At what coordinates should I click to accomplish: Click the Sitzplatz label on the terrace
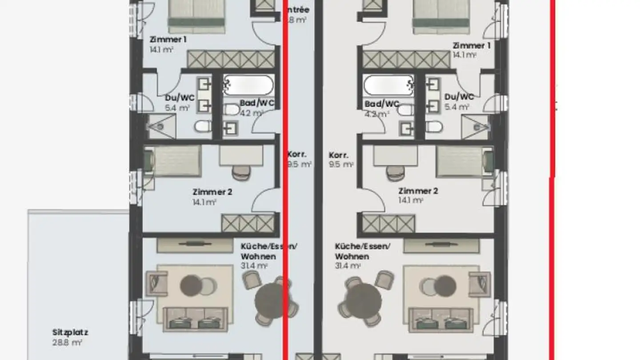(70, 332)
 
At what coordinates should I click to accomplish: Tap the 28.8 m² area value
(67, 343)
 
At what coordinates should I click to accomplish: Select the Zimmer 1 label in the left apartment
(168, 40)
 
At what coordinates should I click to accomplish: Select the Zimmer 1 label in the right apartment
(471, 45)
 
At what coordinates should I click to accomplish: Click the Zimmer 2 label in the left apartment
(212, 192)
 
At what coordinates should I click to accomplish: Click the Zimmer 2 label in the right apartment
(418, 191)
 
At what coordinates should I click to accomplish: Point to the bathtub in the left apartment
(248, 85)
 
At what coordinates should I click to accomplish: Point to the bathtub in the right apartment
(388, 85)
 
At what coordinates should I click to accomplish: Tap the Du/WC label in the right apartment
(459, 96)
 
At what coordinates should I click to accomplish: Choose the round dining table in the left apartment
(272, 301)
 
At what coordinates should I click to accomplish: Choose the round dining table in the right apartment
(363, 301)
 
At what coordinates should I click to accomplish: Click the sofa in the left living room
(195, 319)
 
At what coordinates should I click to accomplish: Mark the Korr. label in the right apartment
(338, 156)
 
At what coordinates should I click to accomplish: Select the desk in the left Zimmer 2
(241, 156)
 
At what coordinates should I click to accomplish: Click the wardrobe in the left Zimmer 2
(248, 223)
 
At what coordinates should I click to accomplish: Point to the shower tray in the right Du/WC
(476, 127)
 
